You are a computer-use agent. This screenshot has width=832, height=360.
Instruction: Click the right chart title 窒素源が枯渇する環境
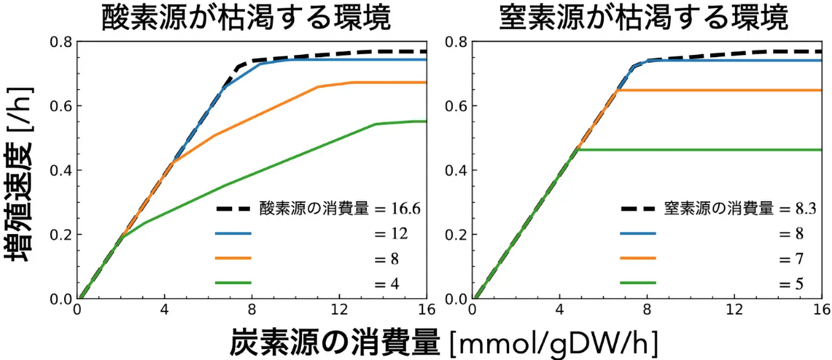click(642, 18)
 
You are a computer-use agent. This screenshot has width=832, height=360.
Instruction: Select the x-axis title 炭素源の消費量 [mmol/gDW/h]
click(443, 343)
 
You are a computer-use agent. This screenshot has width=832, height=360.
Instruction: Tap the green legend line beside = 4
click(233, 283)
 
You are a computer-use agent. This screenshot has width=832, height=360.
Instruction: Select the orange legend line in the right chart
click(638, 258)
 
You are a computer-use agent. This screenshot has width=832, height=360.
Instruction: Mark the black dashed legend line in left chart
click(233, 209)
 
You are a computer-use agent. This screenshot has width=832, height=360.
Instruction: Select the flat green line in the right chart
click(693, 150)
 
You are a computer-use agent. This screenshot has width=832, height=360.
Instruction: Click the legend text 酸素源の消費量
click(314, 209)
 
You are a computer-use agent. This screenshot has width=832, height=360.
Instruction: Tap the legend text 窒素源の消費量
click(719, 209)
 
